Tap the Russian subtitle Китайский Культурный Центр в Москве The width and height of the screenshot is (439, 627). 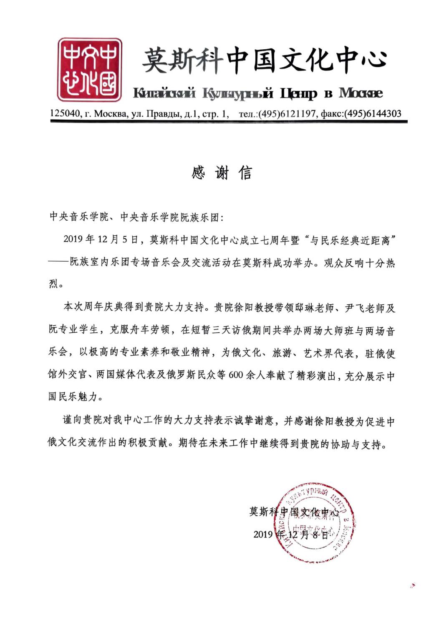(257, 93)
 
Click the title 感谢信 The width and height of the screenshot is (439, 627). (222, 173)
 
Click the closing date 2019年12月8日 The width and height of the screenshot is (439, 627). (290, 534)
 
